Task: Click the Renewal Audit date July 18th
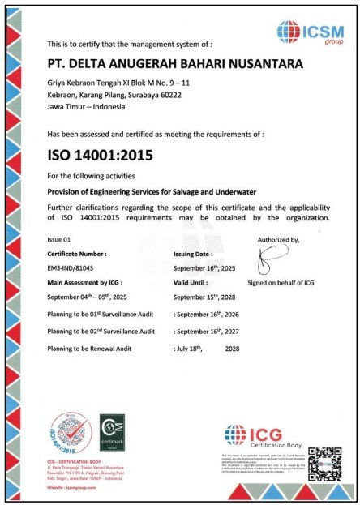pos(194,348)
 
